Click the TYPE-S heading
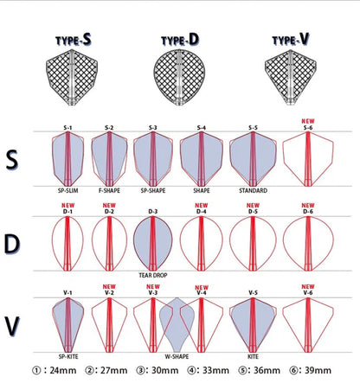[x=74, y=40]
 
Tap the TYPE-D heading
[x=180, y=40]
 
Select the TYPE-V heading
[x=291, y=39]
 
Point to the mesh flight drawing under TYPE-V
[x=291, y=77]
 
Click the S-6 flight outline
[x=308, y=159]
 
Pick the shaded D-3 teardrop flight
[x=153, y=244]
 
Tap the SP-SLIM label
[x=67, y=190]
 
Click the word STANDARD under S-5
[x=253, y=190]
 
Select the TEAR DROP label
[x=153, y=275]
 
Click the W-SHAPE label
[x=177, y=356]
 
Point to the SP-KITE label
[x=68, y=356]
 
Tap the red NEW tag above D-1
[x=67, y=206]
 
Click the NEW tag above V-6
[x=308, y=287]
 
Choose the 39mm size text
[x=318, y=370]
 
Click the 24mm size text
[x=63, y=370]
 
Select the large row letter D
[x=12, y=245]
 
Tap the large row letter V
[x=12, y=326]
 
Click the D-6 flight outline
[x=308, y=244]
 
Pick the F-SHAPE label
[x=109, y=190]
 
